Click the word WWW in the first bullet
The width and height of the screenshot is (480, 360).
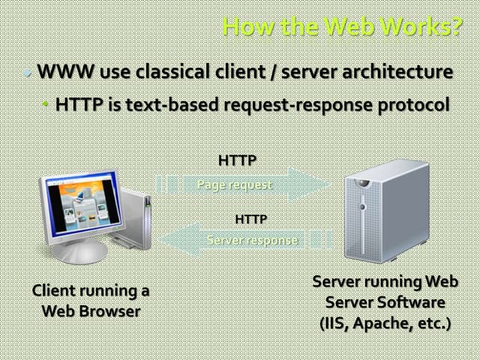[x=61, y=73]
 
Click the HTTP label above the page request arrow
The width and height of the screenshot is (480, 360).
[x=237, y=160]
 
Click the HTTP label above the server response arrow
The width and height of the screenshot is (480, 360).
[x=251, y=220]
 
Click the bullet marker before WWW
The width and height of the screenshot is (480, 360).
[x=28, y=73]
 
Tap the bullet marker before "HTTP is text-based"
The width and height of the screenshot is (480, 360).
[x=46, y=104]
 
